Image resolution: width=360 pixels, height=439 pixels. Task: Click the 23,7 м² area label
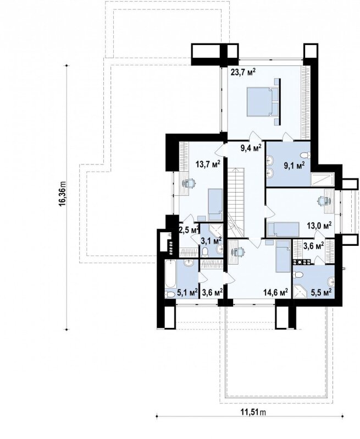243,73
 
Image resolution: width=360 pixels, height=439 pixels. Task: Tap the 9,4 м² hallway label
251,147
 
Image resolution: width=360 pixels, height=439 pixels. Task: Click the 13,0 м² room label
319,225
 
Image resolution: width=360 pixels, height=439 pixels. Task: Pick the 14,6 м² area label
276,293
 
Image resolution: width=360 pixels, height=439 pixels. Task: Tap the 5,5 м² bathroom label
322,293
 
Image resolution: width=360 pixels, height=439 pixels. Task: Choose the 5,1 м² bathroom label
187,293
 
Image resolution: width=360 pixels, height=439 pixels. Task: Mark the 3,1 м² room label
212,240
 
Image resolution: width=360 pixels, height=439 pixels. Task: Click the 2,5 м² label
189,229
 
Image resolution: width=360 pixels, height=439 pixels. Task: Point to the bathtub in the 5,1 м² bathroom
170,274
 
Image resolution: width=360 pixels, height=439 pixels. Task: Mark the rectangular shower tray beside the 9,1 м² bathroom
323,179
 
